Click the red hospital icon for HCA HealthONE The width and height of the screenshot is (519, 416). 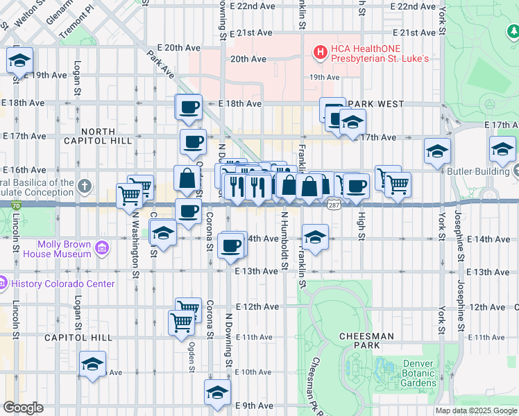pyautogui.click(x=320, y=52)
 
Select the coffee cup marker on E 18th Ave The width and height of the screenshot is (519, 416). pyautogui.click(x=189, y=107)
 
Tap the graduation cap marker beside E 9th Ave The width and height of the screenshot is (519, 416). pyautogui.click(x=217, y=392)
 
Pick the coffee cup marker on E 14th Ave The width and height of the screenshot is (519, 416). pyautogui.click(x=231, y=245)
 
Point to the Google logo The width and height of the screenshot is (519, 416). pyautogui.click(x=23, y=408)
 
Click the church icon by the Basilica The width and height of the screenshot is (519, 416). pyautogui.click(x=85, y=186)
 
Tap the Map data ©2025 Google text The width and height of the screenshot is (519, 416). pyautogui.click(x=475, y=410)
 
